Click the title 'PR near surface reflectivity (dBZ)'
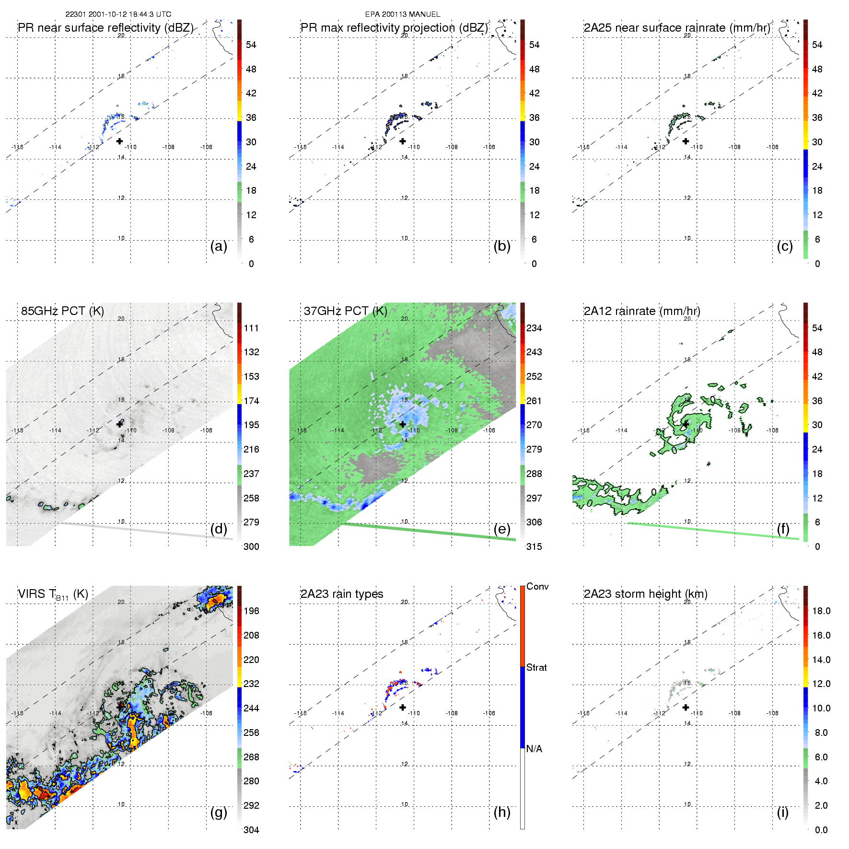pyautogui.click(x=105, y=28)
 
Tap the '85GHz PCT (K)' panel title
pyautogui.click(x=62, y=311)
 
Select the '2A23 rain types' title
pyautogui.click(x=342, y=594)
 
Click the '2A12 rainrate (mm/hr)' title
pyautogui.click(x=642, y=311)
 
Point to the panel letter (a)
pyautogui.click(x=219, y=246)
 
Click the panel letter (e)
pyautogui.click(x=502, y=529)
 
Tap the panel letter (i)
pyautogui.click(x=782, y=812)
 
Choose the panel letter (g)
pyautogui.click(x=219, y=812)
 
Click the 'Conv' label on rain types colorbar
pyautogui.click(x=537, y=586)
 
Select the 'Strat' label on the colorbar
pyautogui.click(x=536, y=667)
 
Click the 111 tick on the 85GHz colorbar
pyautogui.click(x=251, y=328)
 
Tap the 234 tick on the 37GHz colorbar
pyautogui.click(x=534, y=328)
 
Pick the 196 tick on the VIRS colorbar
pyautogui.click(x=251, y=611)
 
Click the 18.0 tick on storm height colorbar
pyautogui.click(x=821, y=611)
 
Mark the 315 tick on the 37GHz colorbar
pyautogui.click(x=534, y=547)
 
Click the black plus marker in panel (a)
pyautogui.click(x=119, y=141)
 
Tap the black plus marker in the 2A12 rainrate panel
pyautogui.click(x=686, y=424)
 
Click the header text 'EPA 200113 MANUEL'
pyautogui.click(x=403, y=14)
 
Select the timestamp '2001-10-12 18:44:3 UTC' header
pyautogui.click(x=129, y=14)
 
